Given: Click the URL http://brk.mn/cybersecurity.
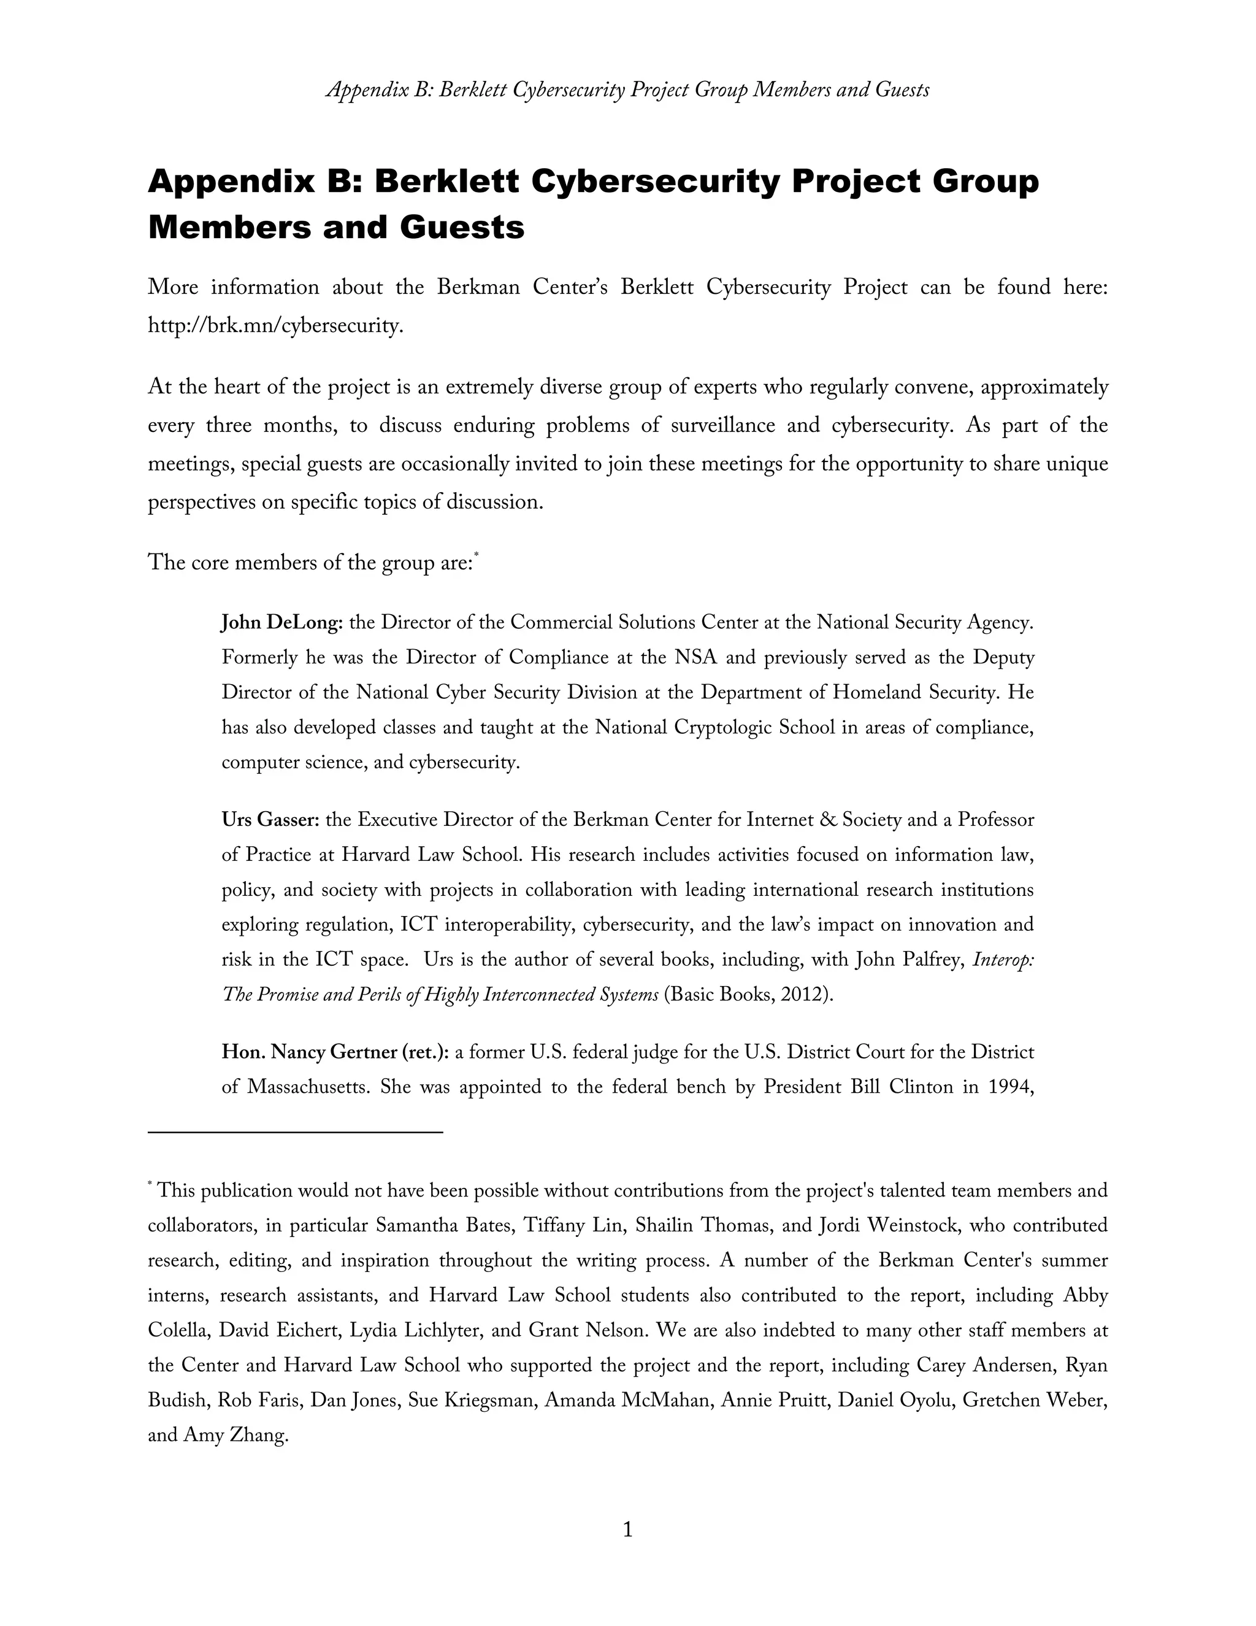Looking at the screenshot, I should [x=275, y=326].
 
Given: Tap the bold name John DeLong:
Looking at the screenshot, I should [x=281, y=622].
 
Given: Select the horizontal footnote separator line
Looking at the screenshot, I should [x=296, y=1133].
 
